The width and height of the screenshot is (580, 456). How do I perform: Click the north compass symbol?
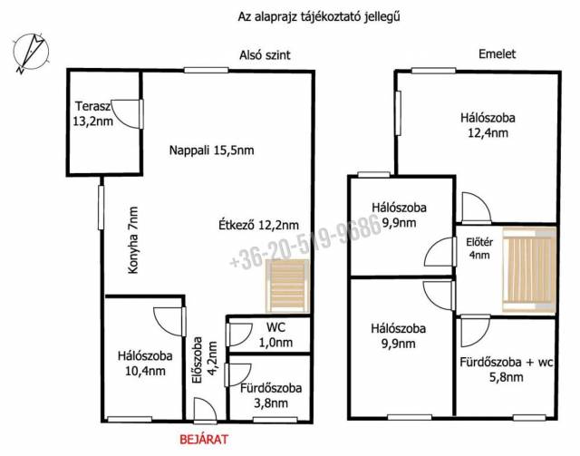click(x=31, y=53)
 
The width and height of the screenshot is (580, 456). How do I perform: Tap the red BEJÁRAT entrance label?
click(x=204, y=440)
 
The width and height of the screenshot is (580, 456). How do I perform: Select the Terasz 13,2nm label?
click(x=92, y=113)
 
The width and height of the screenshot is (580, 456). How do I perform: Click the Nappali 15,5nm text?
click(x=211, y=150)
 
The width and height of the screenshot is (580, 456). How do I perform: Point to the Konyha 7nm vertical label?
click(x=133, y=240)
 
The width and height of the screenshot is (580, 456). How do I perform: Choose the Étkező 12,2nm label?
click(x=258, y=225)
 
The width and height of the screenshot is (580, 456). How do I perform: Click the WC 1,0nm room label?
click(x=275, y=335)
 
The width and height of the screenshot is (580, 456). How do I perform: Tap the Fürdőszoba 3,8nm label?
click(x=271, y=395)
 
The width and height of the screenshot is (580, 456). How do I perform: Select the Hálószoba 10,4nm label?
click(x=145, y=364)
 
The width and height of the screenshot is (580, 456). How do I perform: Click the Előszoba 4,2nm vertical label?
click(x=203, y=359)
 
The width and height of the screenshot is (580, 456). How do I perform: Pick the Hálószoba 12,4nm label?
click(x=488, y=125)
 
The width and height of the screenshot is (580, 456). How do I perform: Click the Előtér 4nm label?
click(x=479, y=248)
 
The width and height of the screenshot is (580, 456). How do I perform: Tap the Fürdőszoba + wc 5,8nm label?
click(x=507, y=369)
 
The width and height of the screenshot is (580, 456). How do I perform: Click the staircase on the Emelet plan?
click(x=529, y=270)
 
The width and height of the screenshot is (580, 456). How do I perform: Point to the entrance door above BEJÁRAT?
click(x=205, y=410)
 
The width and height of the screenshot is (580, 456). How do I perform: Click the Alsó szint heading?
click(x=265, y=55)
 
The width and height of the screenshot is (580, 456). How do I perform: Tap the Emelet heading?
click(x=497, y=54)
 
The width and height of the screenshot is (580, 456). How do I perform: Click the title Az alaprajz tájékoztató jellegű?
click(x=319, y=17)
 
